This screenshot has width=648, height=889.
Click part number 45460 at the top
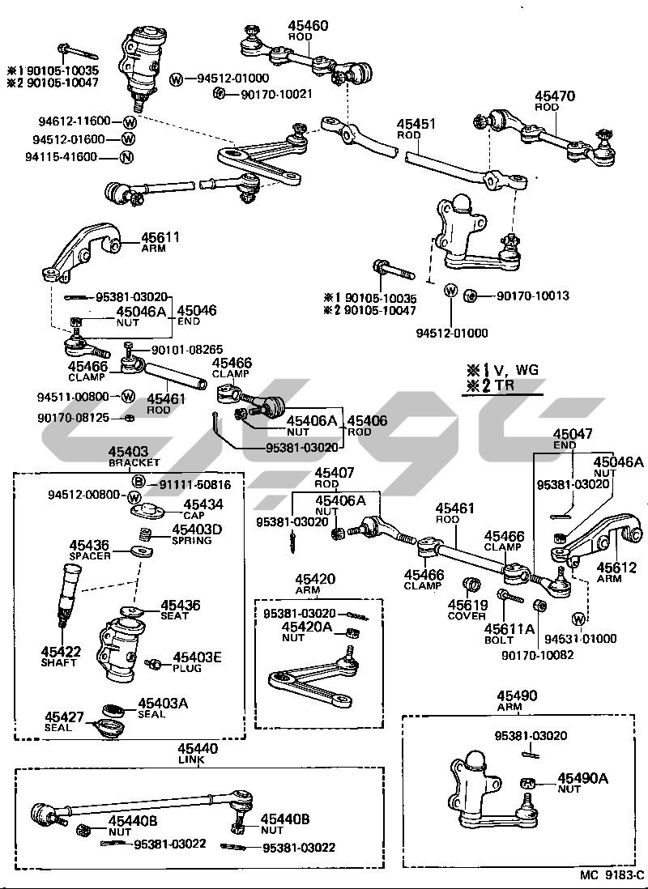click(x=308, y=26)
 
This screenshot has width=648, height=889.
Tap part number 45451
click(x=416, y=125)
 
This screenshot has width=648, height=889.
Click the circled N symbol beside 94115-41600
click(x=126, y=157)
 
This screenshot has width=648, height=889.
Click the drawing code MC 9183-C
click(x=611, y=875)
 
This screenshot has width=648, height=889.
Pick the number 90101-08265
click(x=188, y=350)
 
